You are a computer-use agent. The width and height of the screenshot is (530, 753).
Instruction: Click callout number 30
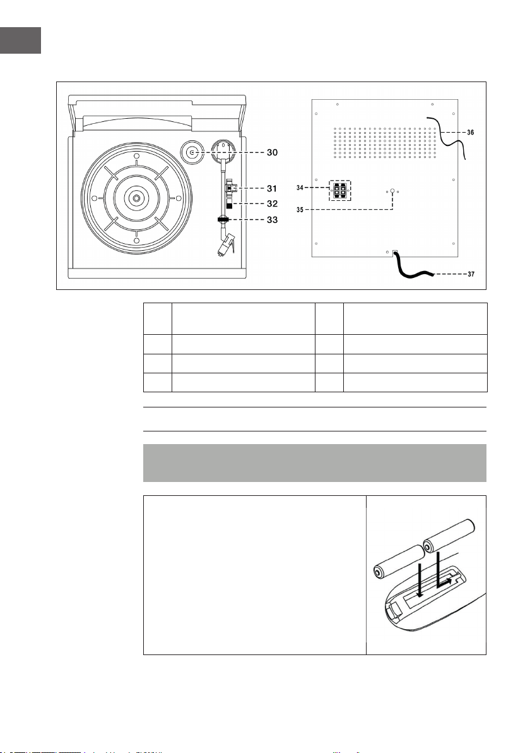click(x=272, y=152)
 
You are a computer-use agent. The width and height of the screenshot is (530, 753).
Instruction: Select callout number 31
click(x=272, y=188)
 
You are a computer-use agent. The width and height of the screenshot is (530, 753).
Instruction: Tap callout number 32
click(x=272, y=203)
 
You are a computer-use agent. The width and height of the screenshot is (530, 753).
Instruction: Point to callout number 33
click(x=272, y=220)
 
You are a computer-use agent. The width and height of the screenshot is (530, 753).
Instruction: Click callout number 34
click(x=300, y=187)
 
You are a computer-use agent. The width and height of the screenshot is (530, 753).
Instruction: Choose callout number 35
click(x=300, y=210)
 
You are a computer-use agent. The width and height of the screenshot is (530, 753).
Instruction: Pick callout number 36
click(x=471, y=132)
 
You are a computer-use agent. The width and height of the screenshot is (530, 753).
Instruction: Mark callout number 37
click(x=471, y=274)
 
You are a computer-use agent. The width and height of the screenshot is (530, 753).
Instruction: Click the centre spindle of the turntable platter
click(x=137, y=198)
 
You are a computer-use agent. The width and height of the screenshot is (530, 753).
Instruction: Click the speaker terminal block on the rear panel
click(x=339, y=191)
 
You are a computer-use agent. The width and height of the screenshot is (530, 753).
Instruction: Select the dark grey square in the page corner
click(x=20, y=40)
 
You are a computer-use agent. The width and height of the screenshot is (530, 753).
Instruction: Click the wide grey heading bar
click(x=315, y=463)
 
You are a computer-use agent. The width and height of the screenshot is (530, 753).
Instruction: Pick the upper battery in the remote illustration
click(x=449, y=536)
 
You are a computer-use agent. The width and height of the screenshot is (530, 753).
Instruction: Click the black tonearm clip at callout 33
click(x=223, y=219)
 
